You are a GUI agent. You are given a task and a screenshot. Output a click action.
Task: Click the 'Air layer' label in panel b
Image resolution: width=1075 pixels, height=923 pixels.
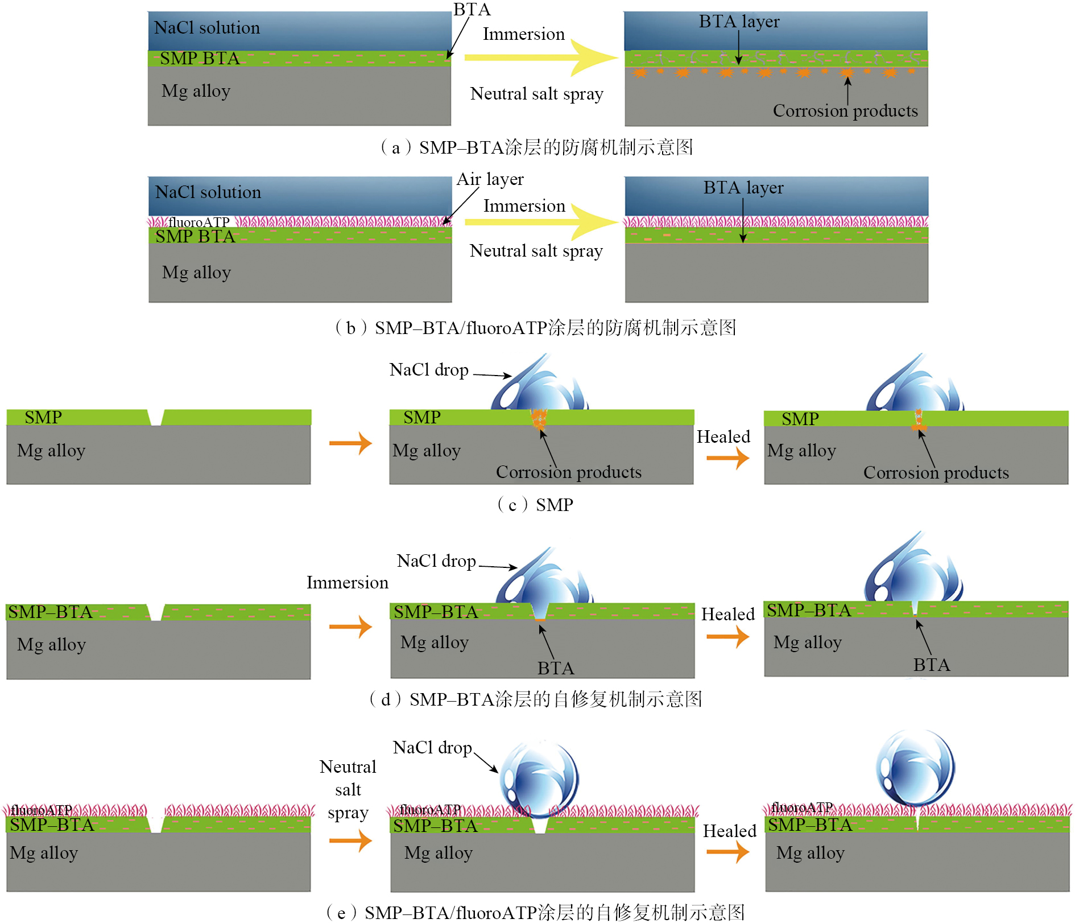[x=490, y=179]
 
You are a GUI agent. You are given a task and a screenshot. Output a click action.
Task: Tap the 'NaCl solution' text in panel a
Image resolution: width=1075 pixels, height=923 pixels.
[x=207, y=27]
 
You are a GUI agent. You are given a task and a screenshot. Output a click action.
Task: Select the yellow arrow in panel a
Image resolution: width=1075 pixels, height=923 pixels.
[x=540, y=57]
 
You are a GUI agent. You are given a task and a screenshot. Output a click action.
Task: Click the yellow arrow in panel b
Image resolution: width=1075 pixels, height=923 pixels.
[x=540, y=222]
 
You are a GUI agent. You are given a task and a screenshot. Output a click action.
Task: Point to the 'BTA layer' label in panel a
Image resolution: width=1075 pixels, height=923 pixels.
[x=739, y=22]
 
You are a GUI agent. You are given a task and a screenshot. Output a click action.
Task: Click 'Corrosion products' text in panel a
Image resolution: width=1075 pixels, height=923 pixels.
[x=845, y=110]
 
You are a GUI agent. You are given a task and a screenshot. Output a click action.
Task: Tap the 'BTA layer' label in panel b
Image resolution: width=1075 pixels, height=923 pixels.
[x=743, y=188]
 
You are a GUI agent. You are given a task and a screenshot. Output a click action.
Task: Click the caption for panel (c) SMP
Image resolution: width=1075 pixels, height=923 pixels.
[x=535, y=505]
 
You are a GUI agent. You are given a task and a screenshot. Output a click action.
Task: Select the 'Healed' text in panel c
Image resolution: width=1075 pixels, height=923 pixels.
[x=723, y=437]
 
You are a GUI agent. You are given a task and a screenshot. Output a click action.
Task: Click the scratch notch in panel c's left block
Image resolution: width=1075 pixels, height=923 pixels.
[x=155, y=418]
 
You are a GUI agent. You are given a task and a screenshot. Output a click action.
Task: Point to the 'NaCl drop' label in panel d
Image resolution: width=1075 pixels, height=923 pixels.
[x=436, y=561]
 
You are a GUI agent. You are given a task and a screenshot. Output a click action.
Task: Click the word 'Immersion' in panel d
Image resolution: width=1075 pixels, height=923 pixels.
[x=347, y=583]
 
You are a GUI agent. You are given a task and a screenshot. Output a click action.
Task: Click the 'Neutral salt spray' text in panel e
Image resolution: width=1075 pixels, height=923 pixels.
[x=348, y=790]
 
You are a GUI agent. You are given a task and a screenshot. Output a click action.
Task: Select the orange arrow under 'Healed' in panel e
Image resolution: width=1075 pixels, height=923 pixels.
[x=727, y=852]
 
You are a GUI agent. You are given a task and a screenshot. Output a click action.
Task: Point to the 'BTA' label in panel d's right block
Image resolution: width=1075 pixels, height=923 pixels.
[x=931, y=665]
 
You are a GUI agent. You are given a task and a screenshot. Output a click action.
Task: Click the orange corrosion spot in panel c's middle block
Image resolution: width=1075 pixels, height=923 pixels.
[x=538, y=419]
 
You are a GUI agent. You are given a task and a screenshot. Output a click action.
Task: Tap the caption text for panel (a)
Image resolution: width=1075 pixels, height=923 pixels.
[x=536, y=148]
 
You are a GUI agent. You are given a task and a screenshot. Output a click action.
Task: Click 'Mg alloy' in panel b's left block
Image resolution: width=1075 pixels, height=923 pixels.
[x=196, y=273]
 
